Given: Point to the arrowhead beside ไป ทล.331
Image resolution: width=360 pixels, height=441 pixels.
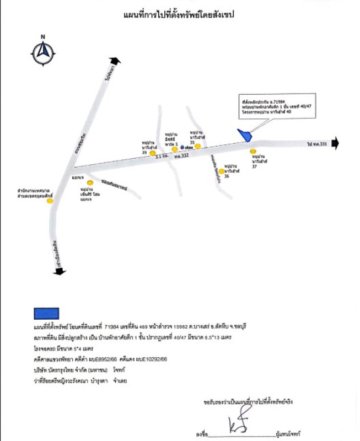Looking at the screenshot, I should pos(336,144).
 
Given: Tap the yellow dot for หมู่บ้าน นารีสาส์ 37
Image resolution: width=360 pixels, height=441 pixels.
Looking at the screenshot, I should pos(253,151).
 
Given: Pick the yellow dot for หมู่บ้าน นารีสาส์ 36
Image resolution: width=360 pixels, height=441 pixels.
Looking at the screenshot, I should pos(221,171).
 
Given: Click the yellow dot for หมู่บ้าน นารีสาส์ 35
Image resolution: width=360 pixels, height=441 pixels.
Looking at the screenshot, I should pos(197,146).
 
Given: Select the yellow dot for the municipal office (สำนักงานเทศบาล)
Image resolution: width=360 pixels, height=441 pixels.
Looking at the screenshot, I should pos(50,201).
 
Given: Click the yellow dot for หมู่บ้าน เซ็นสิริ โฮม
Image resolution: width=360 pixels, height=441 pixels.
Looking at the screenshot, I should pos(90,182).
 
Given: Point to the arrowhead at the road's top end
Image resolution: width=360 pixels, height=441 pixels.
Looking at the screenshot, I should pos(114,61).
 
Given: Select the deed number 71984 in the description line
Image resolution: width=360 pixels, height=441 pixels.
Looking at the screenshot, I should pos(112,326).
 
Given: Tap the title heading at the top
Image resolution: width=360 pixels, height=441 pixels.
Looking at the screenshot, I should pos(179,15).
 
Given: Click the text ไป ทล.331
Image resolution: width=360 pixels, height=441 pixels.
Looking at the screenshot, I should pos(318,144).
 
